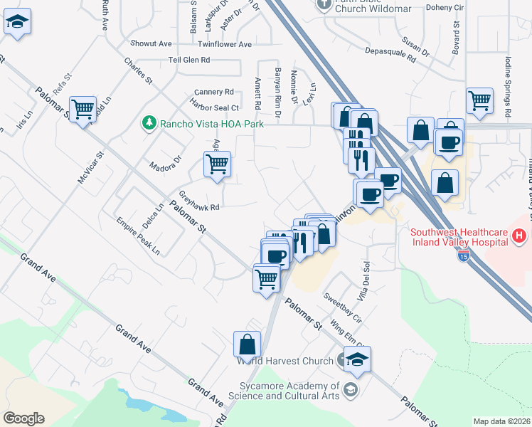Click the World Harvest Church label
click(286, 361)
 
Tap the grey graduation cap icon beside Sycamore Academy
click(350, 389)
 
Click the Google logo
click(23, 418)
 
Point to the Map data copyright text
click(501, 421)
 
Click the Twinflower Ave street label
click(225, 44)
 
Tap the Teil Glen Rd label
click(188, 60)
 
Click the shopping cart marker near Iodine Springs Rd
click(480, 100)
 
